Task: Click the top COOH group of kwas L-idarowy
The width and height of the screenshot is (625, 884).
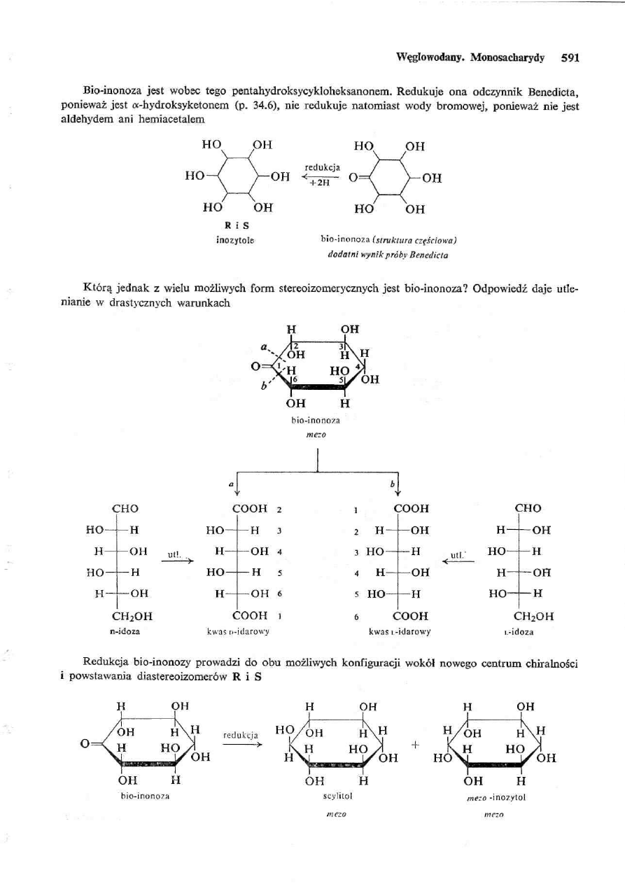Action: click(412, 507)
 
